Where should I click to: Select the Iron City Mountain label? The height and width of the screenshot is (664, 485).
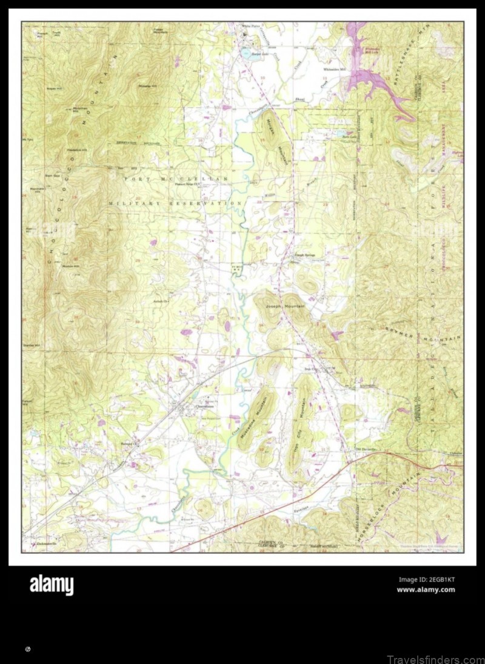coord(301,427)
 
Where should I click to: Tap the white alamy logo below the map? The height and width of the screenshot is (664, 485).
coord(52,585)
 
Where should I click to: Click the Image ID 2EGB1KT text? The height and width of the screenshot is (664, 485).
coord(426,579)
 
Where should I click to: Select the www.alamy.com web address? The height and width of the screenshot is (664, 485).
coord(426,590)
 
